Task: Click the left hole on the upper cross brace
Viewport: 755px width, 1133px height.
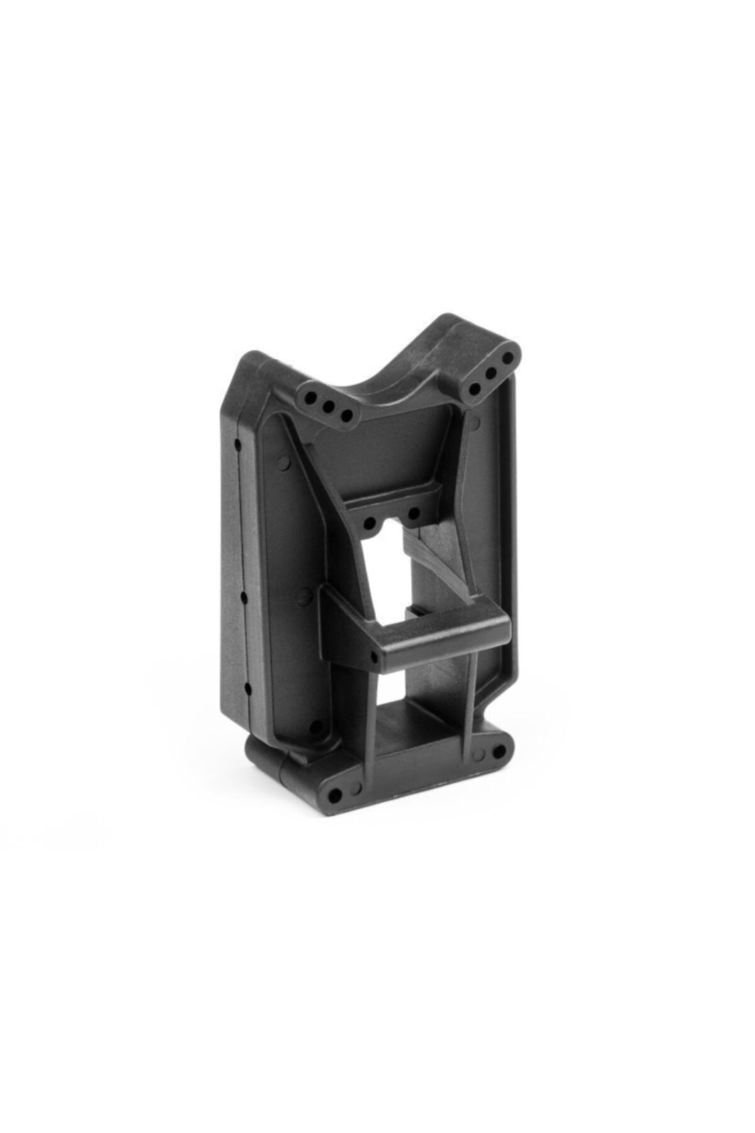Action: pos(371,504)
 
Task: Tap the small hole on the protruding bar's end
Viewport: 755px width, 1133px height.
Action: pos(374,657)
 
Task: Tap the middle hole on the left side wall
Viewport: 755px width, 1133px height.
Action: pos(242,596)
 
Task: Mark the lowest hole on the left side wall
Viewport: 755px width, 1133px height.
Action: pos(247,686)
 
